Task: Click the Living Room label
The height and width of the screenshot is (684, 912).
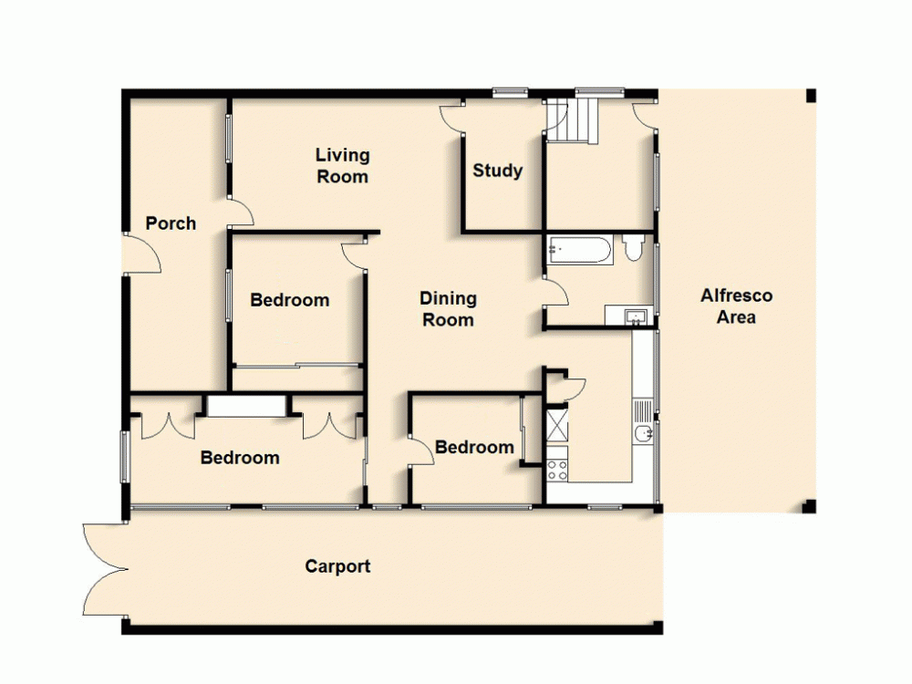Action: point(343,165)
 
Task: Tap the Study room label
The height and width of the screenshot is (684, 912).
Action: point(497,171)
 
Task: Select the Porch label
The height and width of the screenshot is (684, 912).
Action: point(171,223)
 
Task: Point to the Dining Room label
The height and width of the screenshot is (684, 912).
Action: point(448,308)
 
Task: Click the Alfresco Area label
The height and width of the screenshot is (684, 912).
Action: point(736,306)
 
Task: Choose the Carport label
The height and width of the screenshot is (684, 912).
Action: point(337,566)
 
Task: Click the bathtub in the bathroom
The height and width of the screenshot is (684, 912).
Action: point(579,249)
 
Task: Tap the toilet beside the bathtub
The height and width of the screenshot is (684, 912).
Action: point(634,247)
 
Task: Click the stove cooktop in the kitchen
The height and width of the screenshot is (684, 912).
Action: point(556,469)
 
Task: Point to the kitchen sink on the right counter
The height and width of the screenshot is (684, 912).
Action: point(643,434)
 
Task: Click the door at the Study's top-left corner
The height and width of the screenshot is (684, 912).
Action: point(451,119)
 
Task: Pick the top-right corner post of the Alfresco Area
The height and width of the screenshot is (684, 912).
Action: point(810,96)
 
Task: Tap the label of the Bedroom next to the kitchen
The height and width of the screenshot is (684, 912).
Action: point(474,447)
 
